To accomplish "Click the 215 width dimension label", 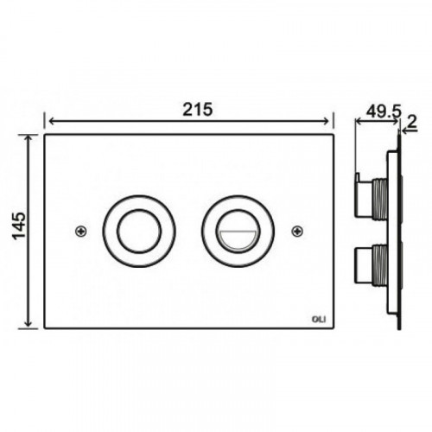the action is click(198, 110).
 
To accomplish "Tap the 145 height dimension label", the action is click(19, 226).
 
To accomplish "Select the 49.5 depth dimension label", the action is click(384, 111).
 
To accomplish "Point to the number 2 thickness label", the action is click(412, 123).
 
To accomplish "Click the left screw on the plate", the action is click(81, 231).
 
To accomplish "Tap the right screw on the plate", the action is click(297, 231).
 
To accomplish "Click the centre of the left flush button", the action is click(139, 232).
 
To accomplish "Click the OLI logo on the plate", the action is click(320, 319).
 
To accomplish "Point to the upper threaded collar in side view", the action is click(379, 200).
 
